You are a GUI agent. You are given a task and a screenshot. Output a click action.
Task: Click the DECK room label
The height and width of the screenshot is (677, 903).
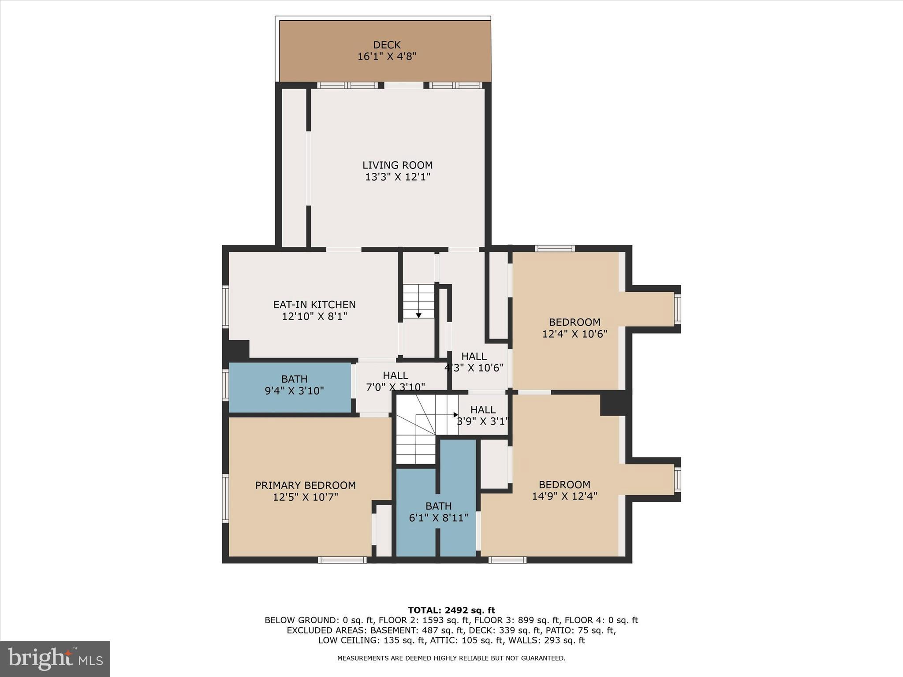(387, 45)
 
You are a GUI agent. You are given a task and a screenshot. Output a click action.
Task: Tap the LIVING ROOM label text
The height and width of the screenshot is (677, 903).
(397, 165)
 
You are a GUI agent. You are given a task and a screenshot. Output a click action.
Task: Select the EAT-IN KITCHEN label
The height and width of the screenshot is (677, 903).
(314, 305)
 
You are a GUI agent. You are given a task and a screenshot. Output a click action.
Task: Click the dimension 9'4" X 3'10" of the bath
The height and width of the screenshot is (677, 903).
(294, 391)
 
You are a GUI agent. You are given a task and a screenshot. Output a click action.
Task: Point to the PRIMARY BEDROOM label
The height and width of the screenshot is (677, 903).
(305, 485)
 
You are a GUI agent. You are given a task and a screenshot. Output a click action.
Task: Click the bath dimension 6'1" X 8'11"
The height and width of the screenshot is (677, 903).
(438, 518)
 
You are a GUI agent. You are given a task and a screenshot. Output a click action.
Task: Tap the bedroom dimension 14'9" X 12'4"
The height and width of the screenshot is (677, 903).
(564, 496)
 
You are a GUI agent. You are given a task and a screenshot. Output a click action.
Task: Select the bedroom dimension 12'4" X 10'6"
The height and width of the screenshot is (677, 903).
(575, 334)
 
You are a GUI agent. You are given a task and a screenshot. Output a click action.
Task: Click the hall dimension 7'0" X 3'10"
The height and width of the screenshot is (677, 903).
(396, 387)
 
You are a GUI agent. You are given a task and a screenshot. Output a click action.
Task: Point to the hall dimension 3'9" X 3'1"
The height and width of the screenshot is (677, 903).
(482, 421)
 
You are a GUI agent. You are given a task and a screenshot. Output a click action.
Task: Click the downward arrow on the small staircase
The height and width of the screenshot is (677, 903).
(418, 315)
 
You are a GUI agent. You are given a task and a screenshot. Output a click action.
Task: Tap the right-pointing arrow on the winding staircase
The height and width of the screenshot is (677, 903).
(455, 415)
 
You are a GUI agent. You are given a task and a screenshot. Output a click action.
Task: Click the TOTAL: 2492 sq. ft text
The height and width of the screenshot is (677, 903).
(451, 610)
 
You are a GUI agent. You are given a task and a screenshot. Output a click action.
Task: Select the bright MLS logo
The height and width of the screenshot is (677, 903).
(55, 659)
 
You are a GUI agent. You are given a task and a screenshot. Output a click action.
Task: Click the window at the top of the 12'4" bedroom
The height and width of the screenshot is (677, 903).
(555, 249)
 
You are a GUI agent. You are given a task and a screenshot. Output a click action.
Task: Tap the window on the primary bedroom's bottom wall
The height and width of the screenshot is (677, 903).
(342, 560)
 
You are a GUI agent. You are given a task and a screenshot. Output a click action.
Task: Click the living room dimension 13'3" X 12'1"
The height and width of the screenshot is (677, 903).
(397, 177)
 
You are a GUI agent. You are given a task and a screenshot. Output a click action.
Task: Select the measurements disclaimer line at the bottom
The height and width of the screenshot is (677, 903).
(451, 658)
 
